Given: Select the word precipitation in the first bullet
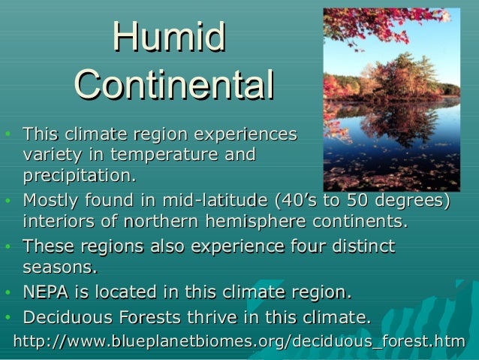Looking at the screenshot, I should [x=79, y=176].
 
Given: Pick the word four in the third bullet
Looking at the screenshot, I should [x=304, y=247].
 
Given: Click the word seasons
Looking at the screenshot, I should [x=60, y=268].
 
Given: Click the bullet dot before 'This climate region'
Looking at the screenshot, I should [x=8, y=135].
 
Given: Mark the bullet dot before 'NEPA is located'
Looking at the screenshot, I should [x=8, y=293].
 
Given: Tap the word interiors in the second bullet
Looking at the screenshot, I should [x=61, y=222].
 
